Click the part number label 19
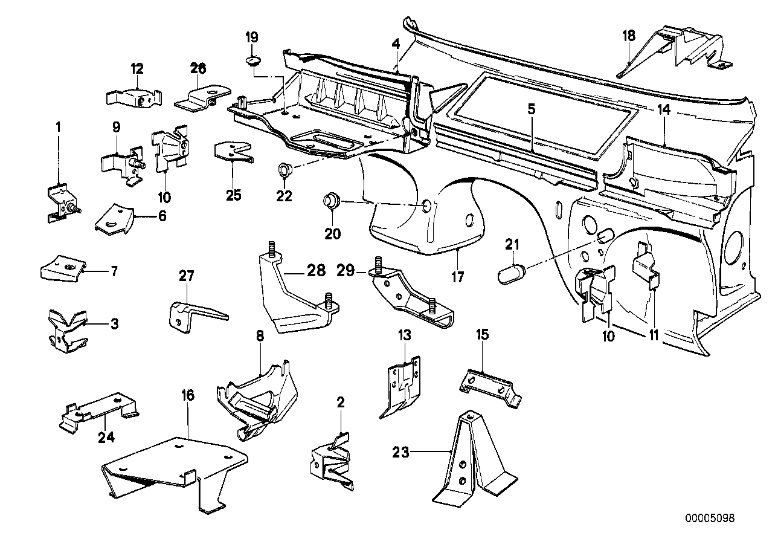(x=251, y=37)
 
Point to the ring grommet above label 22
(x=285, y=170)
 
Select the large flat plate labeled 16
(x=175, y=465)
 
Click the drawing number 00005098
(x=710, y=519)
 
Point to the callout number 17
(x=457, y=277)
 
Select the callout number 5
(x=530, y=109)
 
